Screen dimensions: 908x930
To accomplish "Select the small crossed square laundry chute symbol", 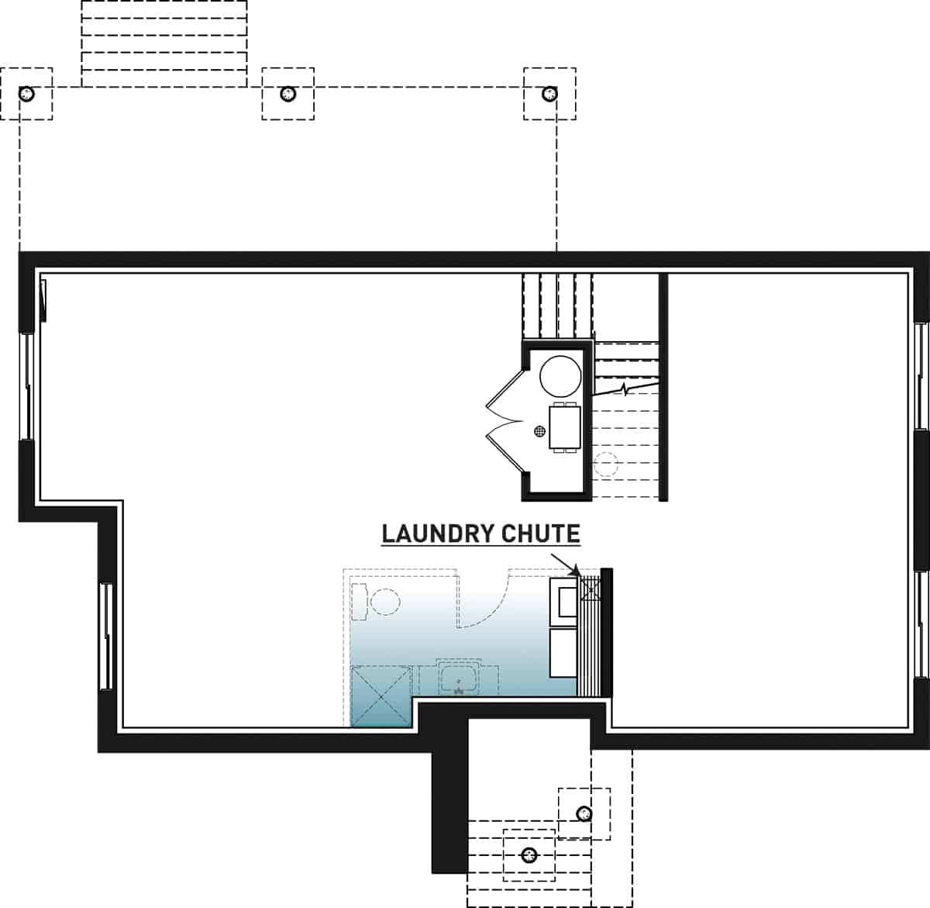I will pyautogui.click(x=590, y=589).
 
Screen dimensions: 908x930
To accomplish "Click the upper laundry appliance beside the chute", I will pyautogui.click(x=563, y=601).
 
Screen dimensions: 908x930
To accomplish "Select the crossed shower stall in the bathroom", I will pyautogui.click(x=381, y=696).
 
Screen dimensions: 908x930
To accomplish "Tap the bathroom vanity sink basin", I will pyautogui.click(x=459, y=679).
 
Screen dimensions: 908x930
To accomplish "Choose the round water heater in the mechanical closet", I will pyautogui.click(x=560, y=375).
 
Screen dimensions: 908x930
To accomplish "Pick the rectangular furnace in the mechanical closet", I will pyautogui.click(x=563, y=426).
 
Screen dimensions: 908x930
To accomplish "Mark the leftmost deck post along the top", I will pyautogui.click(x=26, y=94).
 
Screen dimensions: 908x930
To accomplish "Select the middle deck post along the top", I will pyautogui.click(x=288, y=94).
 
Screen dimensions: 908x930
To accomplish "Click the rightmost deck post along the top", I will pyautogui.click(x=549, y=94).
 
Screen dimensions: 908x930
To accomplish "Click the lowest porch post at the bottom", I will pyautogui.click(x=529, y=855).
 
